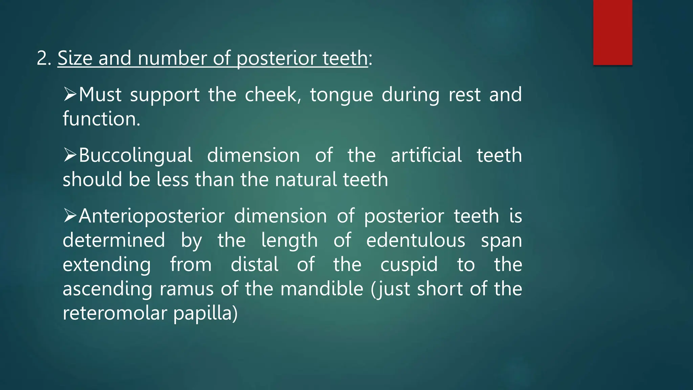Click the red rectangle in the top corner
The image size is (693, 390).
pos(612,32)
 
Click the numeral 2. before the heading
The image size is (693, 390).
pos(44,58)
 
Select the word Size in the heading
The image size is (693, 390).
pos(75,58)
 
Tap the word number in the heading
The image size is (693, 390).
pos(172,58)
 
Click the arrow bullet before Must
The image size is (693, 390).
pos(70,94)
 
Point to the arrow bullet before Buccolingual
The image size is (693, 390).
pos(70,155)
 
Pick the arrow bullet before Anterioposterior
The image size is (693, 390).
pos(70,216)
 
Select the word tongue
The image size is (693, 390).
pos(341,95)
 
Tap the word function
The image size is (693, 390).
pos(101,119)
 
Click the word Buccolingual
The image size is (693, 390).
pos(136,156)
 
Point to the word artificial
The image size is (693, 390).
pos(426,155)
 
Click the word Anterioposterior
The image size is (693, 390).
pos(152,216)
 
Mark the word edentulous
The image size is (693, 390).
pos(416,240)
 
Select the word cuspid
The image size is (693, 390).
pos(409,265)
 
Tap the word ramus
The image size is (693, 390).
pos(186,289)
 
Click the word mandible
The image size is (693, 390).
pos(322,289)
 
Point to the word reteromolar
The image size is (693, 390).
pos(115,313)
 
